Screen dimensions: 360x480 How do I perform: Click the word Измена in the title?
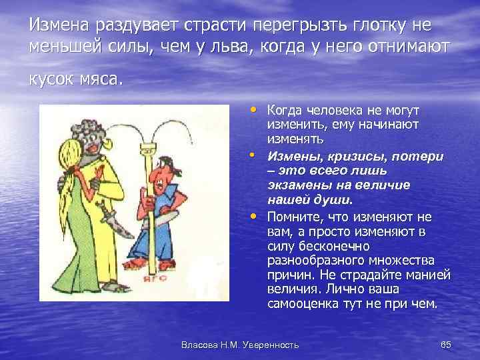60,25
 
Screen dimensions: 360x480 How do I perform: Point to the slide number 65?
446,344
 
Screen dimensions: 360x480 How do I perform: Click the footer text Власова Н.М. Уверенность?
240,344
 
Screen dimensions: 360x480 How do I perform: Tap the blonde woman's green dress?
63,253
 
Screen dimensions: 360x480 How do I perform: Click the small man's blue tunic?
143,227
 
